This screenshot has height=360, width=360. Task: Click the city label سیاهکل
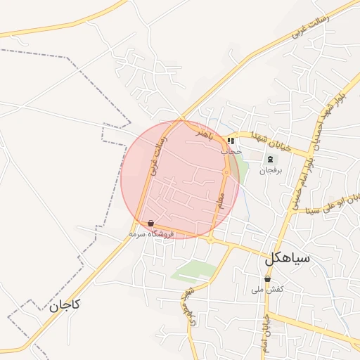[x=287, y=258]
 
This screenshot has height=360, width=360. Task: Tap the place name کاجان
[x=65, y=305]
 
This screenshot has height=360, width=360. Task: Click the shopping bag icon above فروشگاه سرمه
[x=151, y=223]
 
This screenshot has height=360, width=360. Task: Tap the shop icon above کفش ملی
[x=267, y=279]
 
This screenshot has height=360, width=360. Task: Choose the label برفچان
[x=271, y=170]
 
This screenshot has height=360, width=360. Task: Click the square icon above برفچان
[x=271, y=159]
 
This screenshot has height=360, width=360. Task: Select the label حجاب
[x=231, y=150]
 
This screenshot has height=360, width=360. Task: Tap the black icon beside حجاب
[x=231, y=141]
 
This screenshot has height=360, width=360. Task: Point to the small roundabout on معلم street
[x=226, y=172]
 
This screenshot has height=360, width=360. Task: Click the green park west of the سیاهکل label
[x=193, y=271]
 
